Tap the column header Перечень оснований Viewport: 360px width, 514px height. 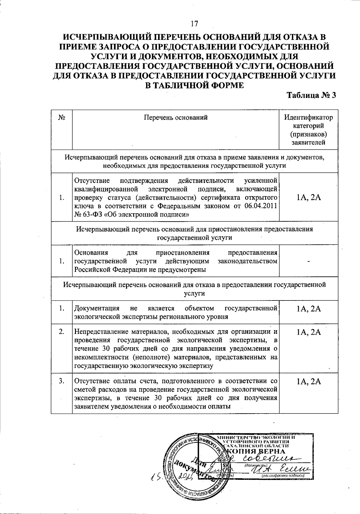pyautogui.click(x=176, y=118)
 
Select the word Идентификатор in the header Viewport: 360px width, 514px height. pyautogui.click(x=308, y=118)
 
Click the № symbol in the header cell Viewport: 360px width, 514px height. pyautogui.click(x=62, y=118)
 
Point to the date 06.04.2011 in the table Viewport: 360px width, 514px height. pyautogui.click(x=261, y=206)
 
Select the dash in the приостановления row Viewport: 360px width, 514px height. pyautogui.click(x=308, y=261)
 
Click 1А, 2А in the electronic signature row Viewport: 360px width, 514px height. pyautogui.click(x=308, y=197)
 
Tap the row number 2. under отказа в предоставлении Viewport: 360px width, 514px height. pyautogui.click(x=62, y=332)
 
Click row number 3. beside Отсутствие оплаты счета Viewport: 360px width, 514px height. pyautogui.click(x=62, y=381)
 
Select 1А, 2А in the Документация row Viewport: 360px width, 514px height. pyautogui.click(x=308, y=309)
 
